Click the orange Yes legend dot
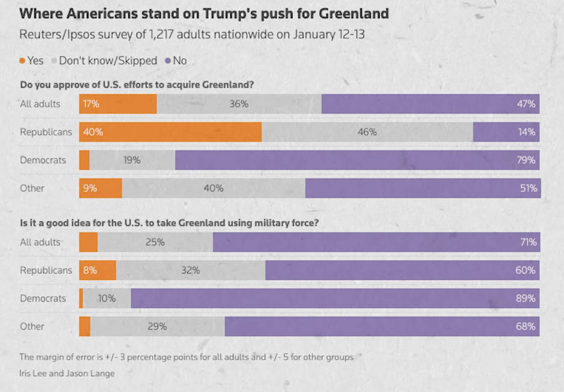point(22,61)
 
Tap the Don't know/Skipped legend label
point(108,61)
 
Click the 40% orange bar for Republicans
point(170,132)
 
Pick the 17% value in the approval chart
point(91,104)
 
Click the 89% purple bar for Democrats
point(335,298)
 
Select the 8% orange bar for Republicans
point(98,270)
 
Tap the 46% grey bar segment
point(367,132)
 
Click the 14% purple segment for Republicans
point(506,132)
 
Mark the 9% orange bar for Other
point(101,188)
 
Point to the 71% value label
point(528,242)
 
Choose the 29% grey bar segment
point(157,326)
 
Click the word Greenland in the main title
point(347,13)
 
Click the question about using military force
point(169,223)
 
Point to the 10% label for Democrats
point(106,298)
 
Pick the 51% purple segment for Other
point(423,188)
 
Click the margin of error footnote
point(186,357)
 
